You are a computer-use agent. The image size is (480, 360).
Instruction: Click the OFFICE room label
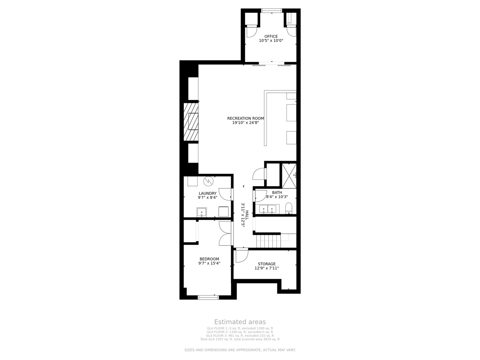coord(271,36)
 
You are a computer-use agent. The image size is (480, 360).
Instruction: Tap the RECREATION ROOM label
coord(245,118)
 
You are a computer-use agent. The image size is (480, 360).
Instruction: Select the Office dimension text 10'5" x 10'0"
coord(271,41)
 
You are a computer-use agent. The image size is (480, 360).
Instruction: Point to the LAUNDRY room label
coord(207,193)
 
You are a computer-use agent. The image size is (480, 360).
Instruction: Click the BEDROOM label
coord(209,259)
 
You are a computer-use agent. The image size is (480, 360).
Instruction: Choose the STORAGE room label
coord(267,264)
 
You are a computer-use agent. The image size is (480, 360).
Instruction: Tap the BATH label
coord(277,192)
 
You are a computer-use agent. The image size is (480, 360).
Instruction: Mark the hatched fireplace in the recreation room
coord(191,121)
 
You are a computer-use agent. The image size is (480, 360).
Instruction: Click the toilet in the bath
coord(289,208)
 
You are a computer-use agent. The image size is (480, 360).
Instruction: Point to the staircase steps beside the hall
coord(268,241)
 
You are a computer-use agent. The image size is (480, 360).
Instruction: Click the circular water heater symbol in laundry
coord(208,182)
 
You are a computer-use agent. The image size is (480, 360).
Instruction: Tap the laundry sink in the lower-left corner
coord(202,212)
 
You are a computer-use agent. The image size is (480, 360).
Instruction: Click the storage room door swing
coord(241,256)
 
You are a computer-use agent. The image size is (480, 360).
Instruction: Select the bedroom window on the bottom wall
coord(208,297)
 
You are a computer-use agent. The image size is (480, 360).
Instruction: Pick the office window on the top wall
coord(271,11)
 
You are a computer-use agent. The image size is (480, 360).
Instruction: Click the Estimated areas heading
coord(240,322)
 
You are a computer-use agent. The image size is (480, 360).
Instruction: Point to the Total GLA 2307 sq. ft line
coord(240,339)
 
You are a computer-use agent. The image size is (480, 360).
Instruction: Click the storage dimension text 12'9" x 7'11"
coord(267,268)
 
